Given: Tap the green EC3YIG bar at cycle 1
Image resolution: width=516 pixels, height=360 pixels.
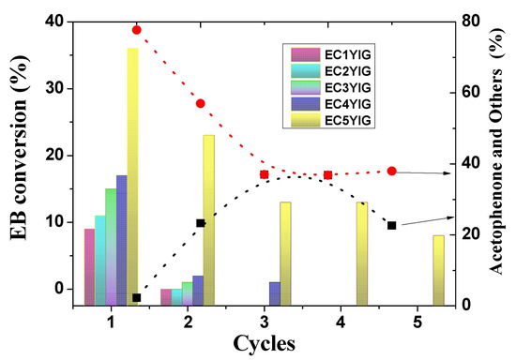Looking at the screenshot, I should click(111, 247).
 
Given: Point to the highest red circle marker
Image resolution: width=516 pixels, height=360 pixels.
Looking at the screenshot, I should click(137, 30).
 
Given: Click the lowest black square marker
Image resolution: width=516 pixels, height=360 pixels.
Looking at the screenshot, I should click(137, 297).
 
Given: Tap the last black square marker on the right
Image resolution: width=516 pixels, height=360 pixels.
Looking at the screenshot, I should click(392, 225).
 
